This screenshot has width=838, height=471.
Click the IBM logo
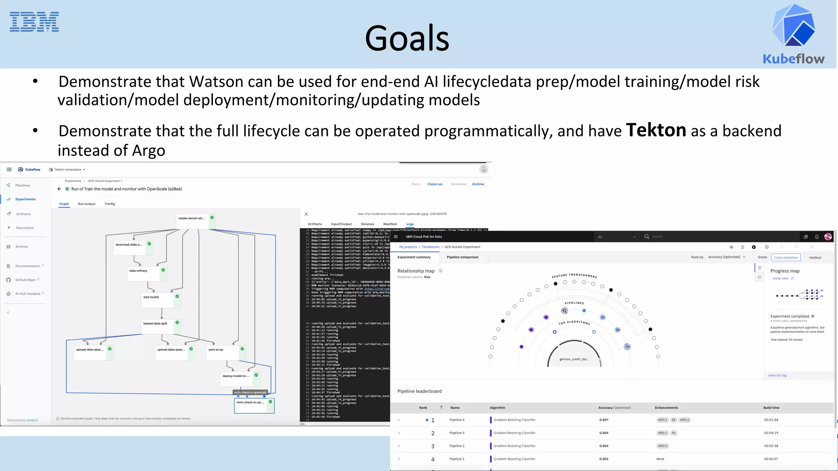tap(34, 22)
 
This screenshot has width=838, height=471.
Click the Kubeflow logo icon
tap(793, 25)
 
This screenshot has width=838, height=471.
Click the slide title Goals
tap(407, 38)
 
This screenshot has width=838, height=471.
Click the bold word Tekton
tap(656, 130)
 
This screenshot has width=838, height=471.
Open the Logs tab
tap(410, 224)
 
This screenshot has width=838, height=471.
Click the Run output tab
tap(87, 204)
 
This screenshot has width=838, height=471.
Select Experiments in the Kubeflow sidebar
tap(25, 199)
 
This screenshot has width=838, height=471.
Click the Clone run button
tap(435, 184)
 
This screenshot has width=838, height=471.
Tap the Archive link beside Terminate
tap(478, 184)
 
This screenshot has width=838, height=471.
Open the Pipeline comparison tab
tap(462, 257)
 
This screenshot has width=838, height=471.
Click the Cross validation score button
tap(786, 258)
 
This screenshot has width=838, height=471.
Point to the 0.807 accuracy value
tap(604, 420)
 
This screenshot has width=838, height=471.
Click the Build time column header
tap(771, 408)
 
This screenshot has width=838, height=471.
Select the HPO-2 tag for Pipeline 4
tap(685, 420)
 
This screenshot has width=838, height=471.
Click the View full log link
tap(777, 375)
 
